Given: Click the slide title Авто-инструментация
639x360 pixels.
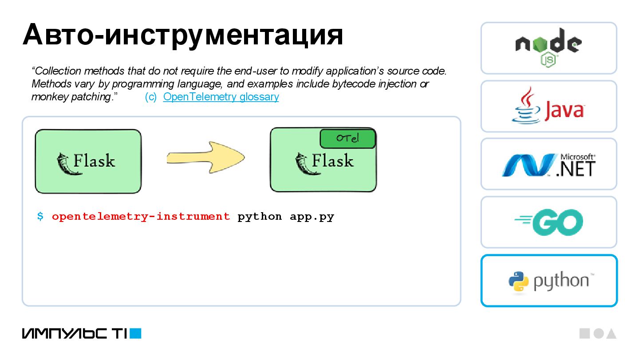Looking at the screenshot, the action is [182, 35].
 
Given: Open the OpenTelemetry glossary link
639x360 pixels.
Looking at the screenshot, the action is [221, 97].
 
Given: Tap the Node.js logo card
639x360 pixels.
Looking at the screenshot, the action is [548, 48].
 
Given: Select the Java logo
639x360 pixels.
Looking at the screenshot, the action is [548, 107].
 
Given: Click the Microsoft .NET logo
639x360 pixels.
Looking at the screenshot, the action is [548, 164].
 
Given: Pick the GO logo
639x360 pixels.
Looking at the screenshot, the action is [549, 222].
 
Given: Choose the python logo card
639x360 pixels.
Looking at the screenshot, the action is [549, 281].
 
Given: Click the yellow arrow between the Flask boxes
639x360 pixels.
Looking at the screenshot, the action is [205, 158].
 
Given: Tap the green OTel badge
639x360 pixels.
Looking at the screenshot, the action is [347, 138].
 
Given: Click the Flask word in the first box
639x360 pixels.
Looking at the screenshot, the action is [94, 161].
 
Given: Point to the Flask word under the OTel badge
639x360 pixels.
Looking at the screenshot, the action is [333, 161].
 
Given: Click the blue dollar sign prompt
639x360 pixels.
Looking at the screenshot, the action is [40, 217].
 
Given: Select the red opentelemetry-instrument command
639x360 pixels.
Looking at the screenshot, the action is [141, 217].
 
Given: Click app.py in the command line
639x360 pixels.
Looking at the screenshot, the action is [312, 217].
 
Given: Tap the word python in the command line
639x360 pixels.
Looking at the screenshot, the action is [260, 217].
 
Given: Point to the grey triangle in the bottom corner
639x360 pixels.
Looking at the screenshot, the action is [611, 334].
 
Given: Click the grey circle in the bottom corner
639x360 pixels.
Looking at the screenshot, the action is [598, 334].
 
